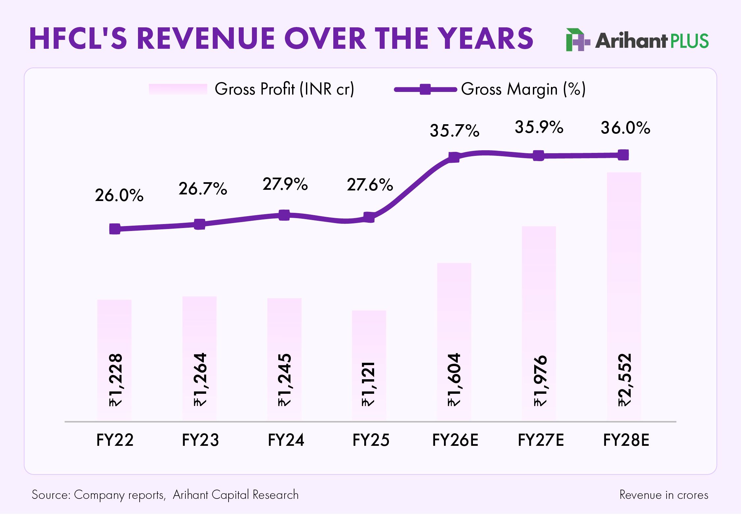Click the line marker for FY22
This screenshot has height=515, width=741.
(115, 229)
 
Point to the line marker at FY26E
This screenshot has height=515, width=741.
(454, 157)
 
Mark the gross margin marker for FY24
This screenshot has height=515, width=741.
(284, 215)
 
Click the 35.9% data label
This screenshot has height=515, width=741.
(539, 127)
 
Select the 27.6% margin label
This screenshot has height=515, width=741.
(370, 185)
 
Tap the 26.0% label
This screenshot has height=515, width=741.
(119, 195)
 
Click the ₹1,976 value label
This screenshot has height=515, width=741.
(540, 381)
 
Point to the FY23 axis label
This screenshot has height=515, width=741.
(200, 440)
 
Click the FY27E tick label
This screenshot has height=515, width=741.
(540, 440)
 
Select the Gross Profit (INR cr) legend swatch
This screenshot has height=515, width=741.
(178, 89)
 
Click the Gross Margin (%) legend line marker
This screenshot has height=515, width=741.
(425, 89)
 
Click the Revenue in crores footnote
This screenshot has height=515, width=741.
(664, 495)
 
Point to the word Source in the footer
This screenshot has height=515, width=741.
(51, 495)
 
